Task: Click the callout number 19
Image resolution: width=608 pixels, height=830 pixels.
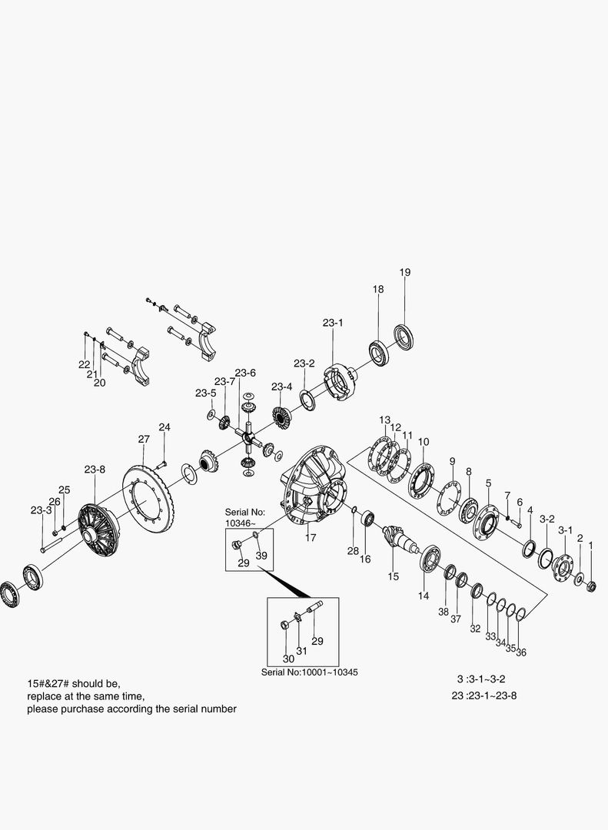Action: (405, 272)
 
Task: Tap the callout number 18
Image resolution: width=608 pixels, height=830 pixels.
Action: (378, 289)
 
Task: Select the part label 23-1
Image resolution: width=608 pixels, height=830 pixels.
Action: (333, 324)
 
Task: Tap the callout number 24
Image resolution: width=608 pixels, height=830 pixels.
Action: (164, 427)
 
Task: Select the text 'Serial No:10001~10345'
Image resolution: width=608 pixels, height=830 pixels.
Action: (309, 672)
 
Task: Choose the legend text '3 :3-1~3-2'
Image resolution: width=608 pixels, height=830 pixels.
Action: (480, 679)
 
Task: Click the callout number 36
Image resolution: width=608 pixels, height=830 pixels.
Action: (521, 652)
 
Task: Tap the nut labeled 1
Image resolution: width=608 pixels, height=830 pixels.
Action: (592, 587)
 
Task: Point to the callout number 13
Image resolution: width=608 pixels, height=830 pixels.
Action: (384, 420)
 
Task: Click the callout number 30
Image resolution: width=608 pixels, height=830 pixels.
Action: (288, 659)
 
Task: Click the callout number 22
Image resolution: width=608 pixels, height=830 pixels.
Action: (84, 364)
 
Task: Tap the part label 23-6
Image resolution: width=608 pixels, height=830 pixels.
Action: (245, 373)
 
